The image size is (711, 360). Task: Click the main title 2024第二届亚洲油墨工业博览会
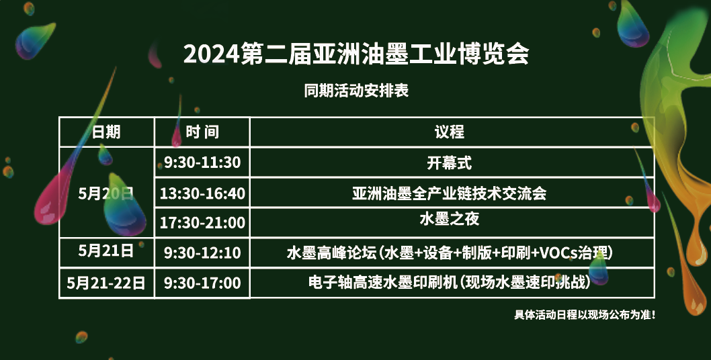356,54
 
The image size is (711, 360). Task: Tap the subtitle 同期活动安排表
356,90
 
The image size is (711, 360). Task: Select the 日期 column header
106,132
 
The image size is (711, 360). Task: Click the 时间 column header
202,132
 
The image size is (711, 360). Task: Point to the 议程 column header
449,132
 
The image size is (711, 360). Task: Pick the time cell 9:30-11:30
202,163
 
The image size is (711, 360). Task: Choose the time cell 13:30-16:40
202,193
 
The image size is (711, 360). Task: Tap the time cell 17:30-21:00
202,222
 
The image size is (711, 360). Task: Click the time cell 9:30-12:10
202,253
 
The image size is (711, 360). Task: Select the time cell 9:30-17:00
202,283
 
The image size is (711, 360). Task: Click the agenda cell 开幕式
449,163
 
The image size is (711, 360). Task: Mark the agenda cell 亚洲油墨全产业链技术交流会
449,193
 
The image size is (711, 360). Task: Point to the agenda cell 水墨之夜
449,219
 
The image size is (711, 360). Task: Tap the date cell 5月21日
106,251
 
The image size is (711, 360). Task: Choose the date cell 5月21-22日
106,283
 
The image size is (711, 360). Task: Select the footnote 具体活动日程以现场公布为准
585,314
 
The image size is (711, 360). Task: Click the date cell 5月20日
106,193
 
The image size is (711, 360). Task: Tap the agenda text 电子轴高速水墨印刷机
382,283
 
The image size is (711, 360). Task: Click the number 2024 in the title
211,54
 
